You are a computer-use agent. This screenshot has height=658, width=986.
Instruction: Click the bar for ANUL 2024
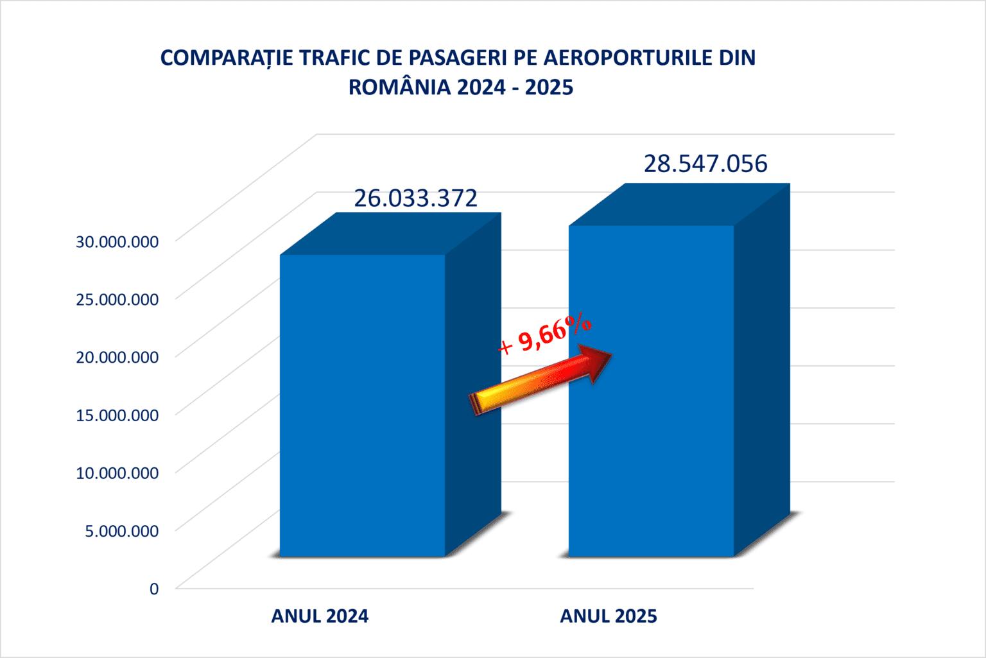point(361,404)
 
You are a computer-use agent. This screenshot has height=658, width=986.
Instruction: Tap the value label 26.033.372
point(415,198)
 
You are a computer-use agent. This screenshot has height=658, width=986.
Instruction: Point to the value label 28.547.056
point(705,164)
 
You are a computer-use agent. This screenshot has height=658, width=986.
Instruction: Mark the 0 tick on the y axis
point(153,588)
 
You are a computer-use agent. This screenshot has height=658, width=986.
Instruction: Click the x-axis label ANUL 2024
point(320,616)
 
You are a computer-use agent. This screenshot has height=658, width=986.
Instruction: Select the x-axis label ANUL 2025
point(609,616)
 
